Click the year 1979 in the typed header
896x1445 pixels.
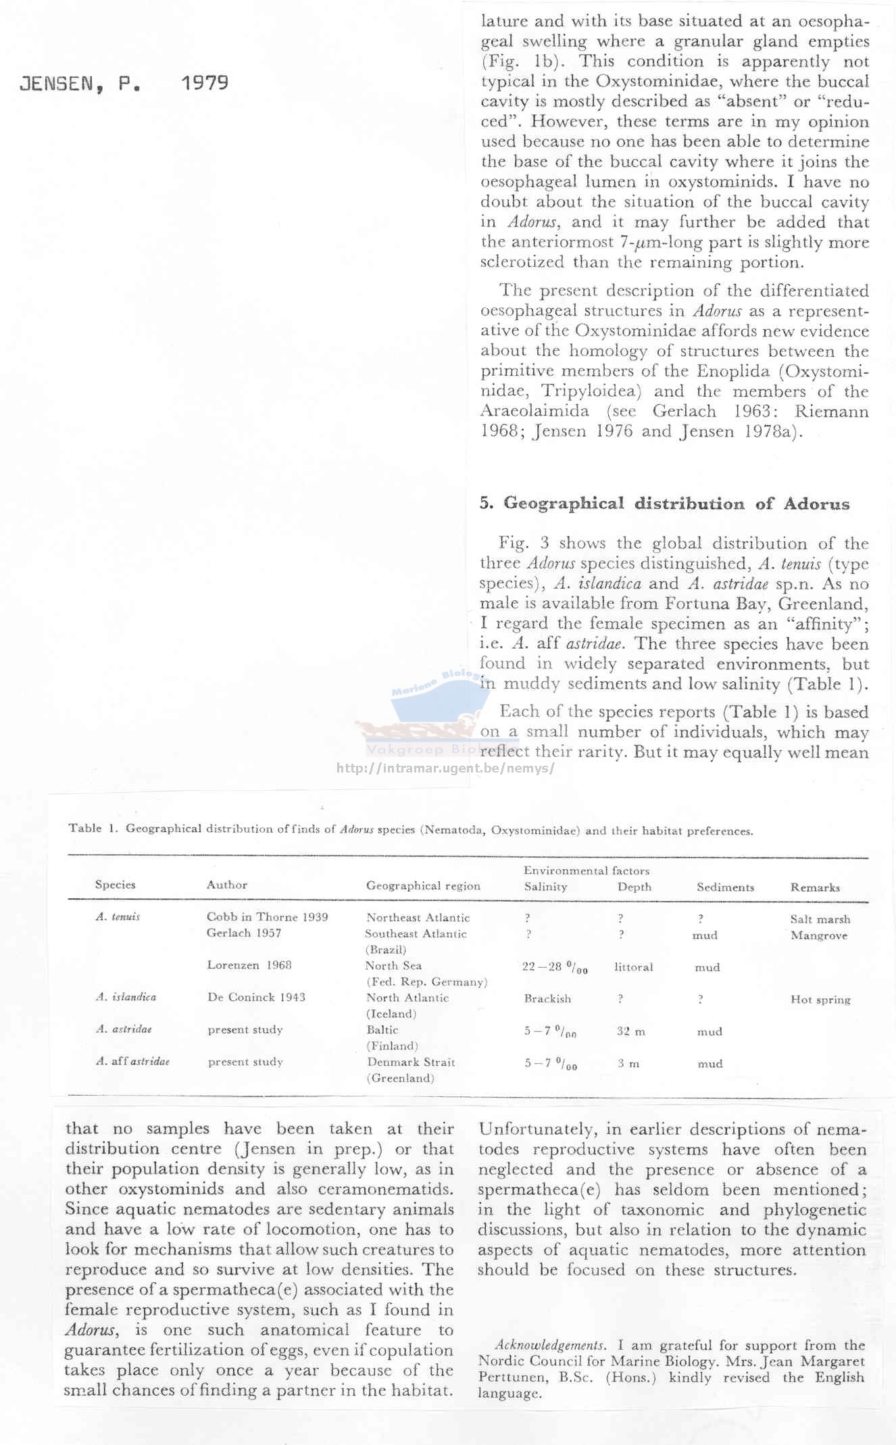tap(205, 83)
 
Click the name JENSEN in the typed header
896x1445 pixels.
tap(57, 84)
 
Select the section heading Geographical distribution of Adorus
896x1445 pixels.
tap(664, 504)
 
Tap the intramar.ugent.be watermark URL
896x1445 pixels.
tap(445, 768)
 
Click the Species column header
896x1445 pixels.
tap(116, 885)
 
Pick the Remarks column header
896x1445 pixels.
tap(815, 887)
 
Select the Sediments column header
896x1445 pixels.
tap(725, 887)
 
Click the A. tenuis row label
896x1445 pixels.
tap(118, 917)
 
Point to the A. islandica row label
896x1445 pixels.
tap(126, 997)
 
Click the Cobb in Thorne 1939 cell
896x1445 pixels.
tap(267, 917)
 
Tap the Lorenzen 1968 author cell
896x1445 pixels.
tap(249, 965)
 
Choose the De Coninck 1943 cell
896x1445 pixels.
tap(256, 997)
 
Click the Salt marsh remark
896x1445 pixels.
tap(820, 919)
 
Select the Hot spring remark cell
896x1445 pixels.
tap(820, 1000)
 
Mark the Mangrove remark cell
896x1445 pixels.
tap(819, 935)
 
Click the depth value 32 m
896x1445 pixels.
tap(630, 1031)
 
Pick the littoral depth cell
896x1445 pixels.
tap(633, 967)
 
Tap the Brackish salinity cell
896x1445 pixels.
tap(547, 999)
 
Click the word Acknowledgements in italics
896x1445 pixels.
tap(549, 1345)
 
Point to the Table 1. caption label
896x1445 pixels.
tap(94, 829)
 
